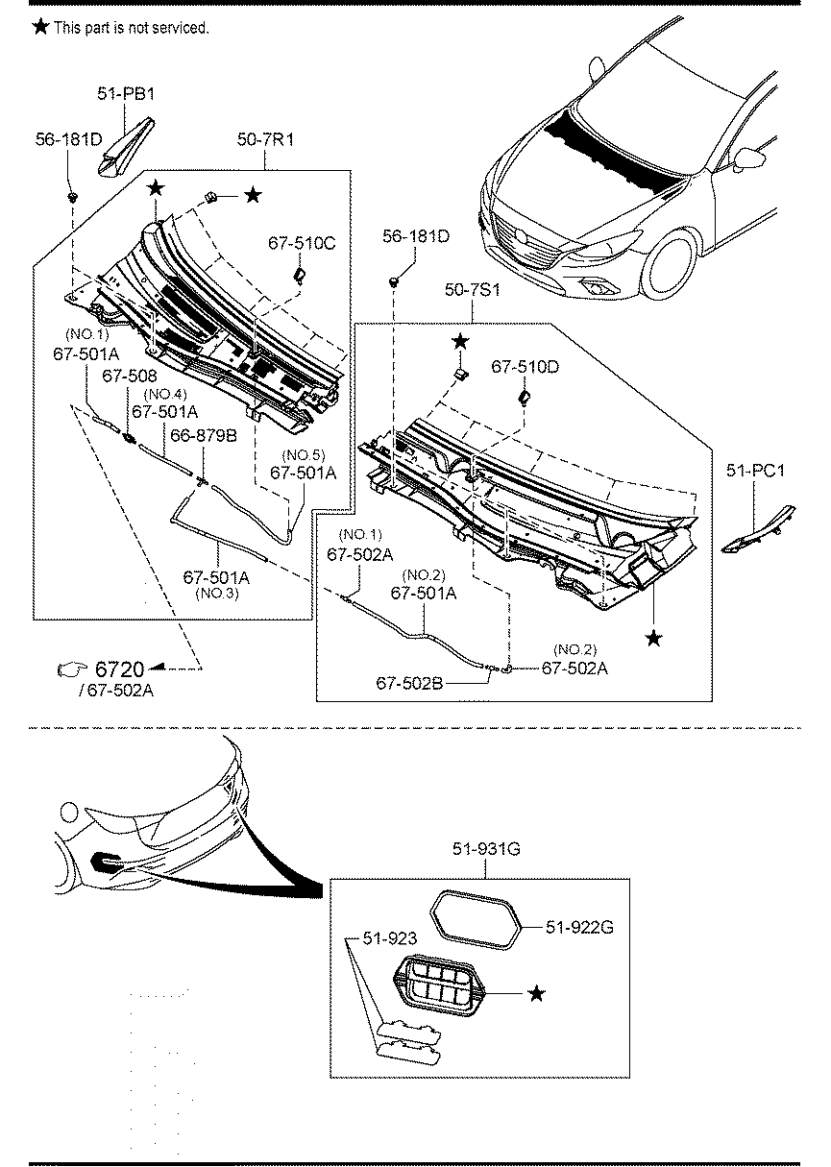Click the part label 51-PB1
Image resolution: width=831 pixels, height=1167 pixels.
pyautogui.click(x=126, y=94)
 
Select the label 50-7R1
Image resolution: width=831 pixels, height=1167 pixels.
pyautogui.click(x=265, y=139)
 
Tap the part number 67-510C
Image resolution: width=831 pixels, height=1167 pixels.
pyautogui.click(x=302, y=243)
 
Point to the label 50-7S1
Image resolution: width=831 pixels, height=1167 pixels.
pyautogui.click(x=472, y=290)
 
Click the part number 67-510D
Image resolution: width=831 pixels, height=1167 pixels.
pyautogui.click(x=525, y=367)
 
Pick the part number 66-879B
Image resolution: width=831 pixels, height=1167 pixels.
pyautogui.click(x=204, y=435)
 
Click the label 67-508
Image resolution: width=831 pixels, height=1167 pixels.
pyautogui.click(x=129, y=376)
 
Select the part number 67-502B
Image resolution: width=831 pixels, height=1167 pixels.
pyautogui.click(x=409, y=683)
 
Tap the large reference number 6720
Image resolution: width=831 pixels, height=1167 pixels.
pyautogui.click(x=119, y=669)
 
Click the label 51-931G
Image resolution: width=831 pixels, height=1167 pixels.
pyautogui.click(x=486, y=849)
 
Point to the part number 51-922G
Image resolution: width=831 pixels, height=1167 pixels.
pyautogui.click(x=579, y=927)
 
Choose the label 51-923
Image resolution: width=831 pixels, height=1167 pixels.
pyautogui.click(x=390, y=938)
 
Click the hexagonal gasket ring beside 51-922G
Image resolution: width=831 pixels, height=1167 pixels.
pyautogui.click(x=476, y=920)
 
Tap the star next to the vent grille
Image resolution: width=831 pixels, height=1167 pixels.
pyautogui.click(x=536, y=993)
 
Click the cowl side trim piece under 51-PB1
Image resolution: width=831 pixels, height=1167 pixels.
pyautogui.click(x=126, y=147)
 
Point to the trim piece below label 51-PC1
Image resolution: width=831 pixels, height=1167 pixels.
pyautogui.click(x=759, y=529)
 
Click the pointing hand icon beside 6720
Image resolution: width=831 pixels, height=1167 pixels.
pyautogui.click(x=72, y=669)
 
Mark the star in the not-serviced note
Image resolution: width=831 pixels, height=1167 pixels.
pyautogui.click(x=40, y=26)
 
